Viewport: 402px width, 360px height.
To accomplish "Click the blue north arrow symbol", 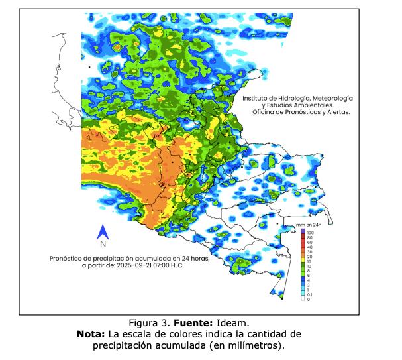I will (103, 232).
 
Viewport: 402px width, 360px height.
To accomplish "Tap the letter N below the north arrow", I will (103, 244).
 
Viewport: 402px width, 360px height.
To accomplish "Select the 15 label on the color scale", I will (309, 264).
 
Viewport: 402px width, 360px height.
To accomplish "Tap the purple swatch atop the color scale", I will (303, 231).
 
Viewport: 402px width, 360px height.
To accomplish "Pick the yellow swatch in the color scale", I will (303, 257).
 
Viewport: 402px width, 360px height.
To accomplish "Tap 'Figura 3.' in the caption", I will (150, 323).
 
